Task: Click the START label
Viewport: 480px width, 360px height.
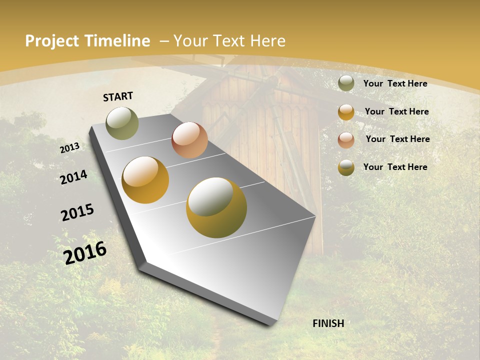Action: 118,96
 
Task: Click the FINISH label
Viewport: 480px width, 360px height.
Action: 328,323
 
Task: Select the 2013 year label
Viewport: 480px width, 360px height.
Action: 69,148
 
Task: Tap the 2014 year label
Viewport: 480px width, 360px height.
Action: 73,177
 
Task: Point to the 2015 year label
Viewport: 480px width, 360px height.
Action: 77,212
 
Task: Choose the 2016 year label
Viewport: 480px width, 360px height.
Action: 85,252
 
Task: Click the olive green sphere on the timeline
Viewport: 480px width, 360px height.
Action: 122,123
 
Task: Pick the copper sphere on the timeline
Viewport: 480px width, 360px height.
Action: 189,140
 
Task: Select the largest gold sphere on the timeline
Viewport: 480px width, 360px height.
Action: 216,207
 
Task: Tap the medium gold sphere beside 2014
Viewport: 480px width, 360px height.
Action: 145,180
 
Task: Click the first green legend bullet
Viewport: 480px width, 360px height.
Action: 346,83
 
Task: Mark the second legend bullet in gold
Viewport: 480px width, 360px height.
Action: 346,112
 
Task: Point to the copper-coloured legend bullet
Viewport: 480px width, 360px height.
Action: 346,139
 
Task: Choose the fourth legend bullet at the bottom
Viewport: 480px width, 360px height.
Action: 346,167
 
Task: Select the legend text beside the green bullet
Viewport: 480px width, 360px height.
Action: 395,83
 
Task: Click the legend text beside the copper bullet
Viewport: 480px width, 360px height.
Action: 397,139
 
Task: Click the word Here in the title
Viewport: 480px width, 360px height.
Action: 268,41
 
